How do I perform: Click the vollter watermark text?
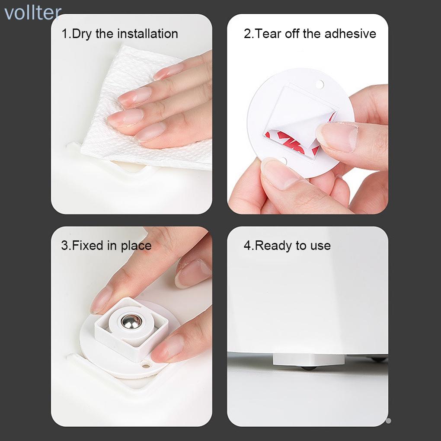pos(33,13)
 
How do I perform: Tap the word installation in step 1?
pos(148,33)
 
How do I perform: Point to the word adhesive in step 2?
pos(350,33)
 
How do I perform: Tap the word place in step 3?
pos(136,246)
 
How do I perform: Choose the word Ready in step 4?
pos(272,246)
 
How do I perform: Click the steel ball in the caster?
pos(131,322)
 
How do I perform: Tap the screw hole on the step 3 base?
pos(146,366)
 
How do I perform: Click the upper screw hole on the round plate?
pos(320,84)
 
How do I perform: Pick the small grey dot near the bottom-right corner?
pos(388,421)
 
